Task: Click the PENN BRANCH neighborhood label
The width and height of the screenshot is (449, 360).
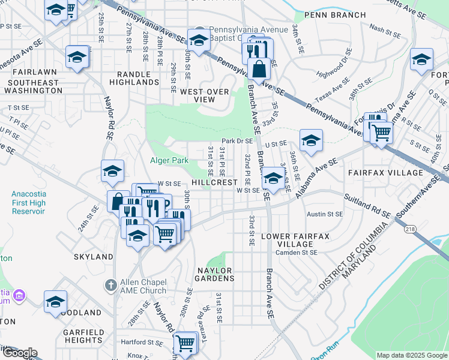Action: click(x=335, y=15)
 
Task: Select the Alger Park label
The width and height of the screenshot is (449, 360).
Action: click(x=169, y=160)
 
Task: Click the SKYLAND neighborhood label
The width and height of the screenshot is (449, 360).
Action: click(x=93, y=256)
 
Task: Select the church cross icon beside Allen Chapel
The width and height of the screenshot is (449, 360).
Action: click(x=110, y=285)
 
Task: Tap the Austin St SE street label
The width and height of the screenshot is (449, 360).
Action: click(x=325, y=214)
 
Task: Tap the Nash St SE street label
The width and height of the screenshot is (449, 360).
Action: click(x=385, y=28)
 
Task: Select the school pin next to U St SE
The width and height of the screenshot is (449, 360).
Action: click(x=311, y=140)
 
